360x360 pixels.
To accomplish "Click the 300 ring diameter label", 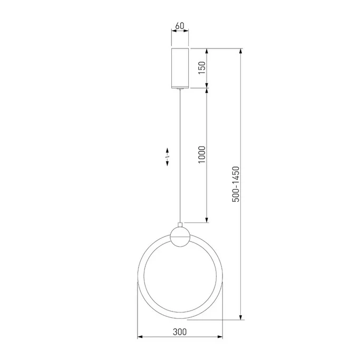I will (x=180, y=332).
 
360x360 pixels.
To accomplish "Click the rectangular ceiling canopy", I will (x=180, y=68).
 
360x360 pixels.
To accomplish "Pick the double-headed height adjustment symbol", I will (x=167, y=157).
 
